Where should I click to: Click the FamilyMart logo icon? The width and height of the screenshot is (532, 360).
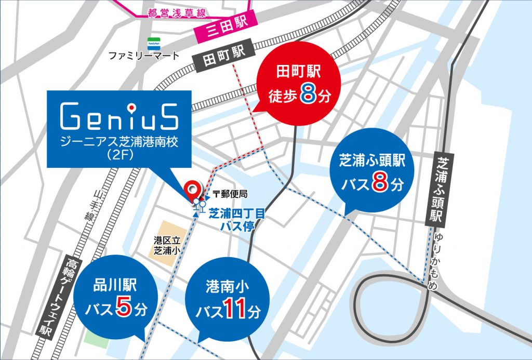pyautogui.click(x=152, y=43)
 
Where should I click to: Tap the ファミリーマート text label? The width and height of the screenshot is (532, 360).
pyautogui.click(x=143, y=56)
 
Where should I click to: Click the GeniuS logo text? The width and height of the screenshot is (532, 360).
pyautogui.click(x=119, y=117)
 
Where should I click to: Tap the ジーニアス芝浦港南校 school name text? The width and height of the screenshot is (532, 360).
pyautogui.click(x=119, y=142)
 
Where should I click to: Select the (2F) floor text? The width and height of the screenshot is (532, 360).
pyautogui.click(x=119, y=154)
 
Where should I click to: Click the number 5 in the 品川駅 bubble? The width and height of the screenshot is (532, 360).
pyautogui.click(x=123, y=309)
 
